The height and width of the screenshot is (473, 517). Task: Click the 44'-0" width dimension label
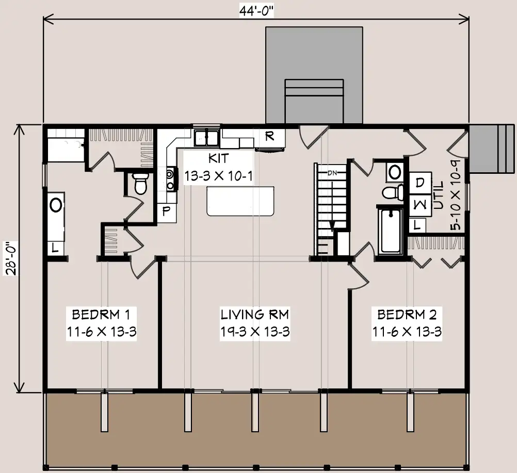click(256, 11)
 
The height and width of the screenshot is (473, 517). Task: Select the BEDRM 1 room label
click(101, 315)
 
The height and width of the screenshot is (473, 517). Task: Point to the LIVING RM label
click(254, 315)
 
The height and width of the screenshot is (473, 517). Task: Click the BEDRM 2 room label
click(407, 315)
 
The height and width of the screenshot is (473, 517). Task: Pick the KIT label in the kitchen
click(218, 158)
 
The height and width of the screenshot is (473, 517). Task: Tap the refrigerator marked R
click(270, 137)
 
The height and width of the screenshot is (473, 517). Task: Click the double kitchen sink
click(206, 138)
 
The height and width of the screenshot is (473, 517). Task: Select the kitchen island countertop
click(240, 201)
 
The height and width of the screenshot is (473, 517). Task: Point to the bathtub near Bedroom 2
click(391, 231)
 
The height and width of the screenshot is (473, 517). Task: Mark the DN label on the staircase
click(332, 173)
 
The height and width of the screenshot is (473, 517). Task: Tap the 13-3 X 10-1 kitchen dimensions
click(218, 176)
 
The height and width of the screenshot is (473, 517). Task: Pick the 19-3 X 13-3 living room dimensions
click(254, 332)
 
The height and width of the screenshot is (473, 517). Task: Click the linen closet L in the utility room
click(417, 226)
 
